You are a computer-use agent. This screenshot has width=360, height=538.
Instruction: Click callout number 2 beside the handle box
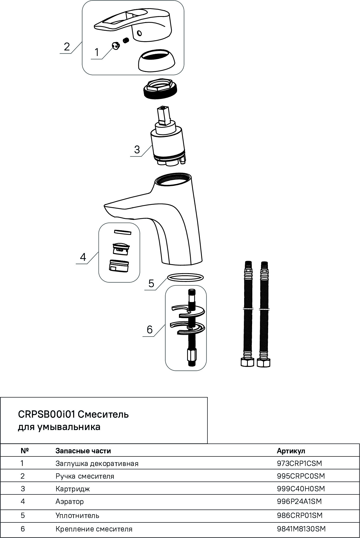point(67,47)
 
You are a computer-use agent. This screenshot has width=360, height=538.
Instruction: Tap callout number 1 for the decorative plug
point(97,53)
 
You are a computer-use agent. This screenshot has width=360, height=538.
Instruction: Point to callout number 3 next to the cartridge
point(137,150)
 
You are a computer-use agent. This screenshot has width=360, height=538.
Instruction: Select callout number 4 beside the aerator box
point(83,257)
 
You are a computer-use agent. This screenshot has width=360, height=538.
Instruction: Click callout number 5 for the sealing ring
point(151,284)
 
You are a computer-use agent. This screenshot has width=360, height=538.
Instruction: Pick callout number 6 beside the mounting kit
point(149,329)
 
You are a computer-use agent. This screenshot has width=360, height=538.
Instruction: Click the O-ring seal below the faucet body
point(185,277)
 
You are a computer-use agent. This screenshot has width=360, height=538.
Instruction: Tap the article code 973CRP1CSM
point(299,464)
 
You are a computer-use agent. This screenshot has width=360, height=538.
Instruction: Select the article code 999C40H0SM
point(301,489)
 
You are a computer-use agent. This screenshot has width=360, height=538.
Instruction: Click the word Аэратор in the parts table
point(69,502)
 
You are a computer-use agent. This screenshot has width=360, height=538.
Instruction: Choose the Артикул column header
point(291,451)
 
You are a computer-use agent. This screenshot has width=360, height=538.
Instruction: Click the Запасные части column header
point(83,451)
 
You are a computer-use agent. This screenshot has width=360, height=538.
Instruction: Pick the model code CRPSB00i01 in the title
point(47,414)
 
